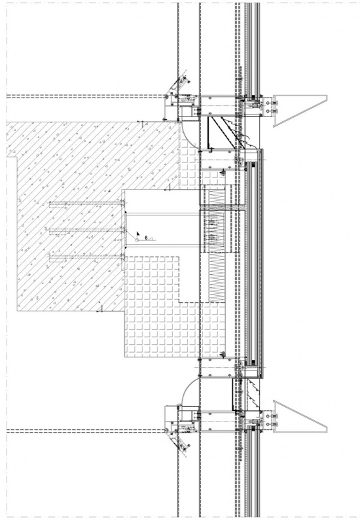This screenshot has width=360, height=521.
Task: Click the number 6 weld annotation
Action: pos(146,238)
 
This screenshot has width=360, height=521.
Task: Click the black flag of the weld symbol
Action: pos(138,233)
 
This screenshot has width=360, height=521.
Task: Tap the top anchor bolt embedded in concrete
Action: pos(87,203)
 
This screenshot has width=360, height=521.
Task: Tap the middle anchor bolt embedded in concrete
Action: pos(87,229)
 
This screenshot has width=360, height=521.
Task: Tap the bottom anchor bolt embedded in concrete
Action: pos(87,256)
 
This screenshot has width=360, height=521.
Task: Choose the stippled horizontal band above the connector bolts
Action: pos(222,207)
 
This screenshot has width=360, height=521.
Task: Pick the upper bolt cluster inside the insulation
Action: pos(211,222)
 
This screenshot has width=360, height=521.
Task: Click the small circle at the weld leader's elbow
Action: pos(137,240)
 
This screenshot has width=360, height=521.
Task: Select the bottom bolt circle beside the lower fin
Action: pos(268,425)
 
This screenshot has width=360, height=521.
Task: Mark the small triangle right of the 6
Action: pos(151,238)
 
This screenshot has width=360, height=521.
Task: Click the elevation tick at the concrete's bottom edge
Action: pos(101,310)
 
